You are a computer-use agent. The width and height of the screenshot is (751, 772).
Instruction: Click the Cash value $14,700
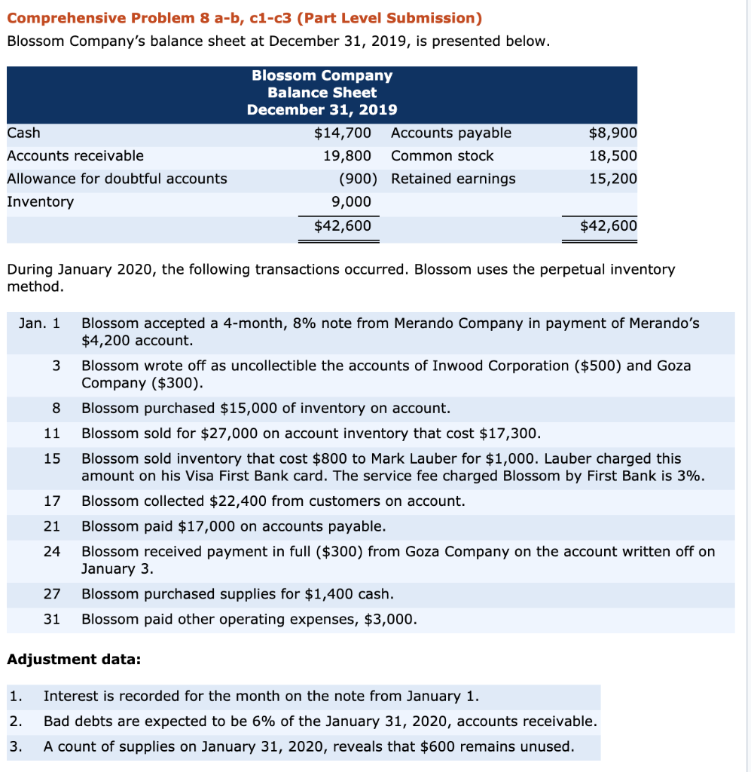342,133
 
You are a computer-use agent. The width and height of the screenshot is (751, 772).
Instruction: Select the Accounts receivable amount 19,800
346,156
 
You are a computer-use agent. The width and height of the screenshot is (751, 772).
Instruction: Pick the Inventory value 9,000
351,201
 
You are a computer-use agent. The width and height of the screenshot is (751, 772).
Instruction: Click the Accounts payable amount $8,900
612,133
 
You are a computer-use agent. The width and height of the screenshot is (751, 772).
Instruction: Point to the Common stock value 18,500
614,156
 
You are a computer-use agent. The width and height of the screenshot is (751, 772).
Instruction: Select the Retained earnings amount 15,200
614,179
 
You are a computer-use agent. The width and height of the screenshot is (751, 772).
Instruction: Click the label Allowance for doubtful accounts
117,179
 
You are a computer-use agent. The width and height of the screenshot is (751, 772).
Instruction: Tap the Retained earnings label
453,179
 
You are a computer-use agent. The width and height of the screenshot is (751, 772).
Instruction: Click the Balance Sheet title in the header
322,93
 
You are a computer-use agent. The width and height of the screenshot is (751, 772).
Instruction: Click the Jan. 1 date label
39,323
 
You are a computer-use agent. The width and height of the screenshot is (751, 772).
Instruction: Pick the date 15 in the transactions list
52,458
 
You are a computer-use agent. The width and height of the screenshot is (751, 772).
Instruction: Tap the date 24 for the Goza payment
52,551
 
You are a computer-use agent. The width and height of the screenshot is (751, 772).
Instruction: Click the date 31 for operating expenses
52,619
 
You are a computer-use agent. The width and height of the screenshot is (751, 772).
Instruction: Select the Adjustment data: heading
73,659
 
